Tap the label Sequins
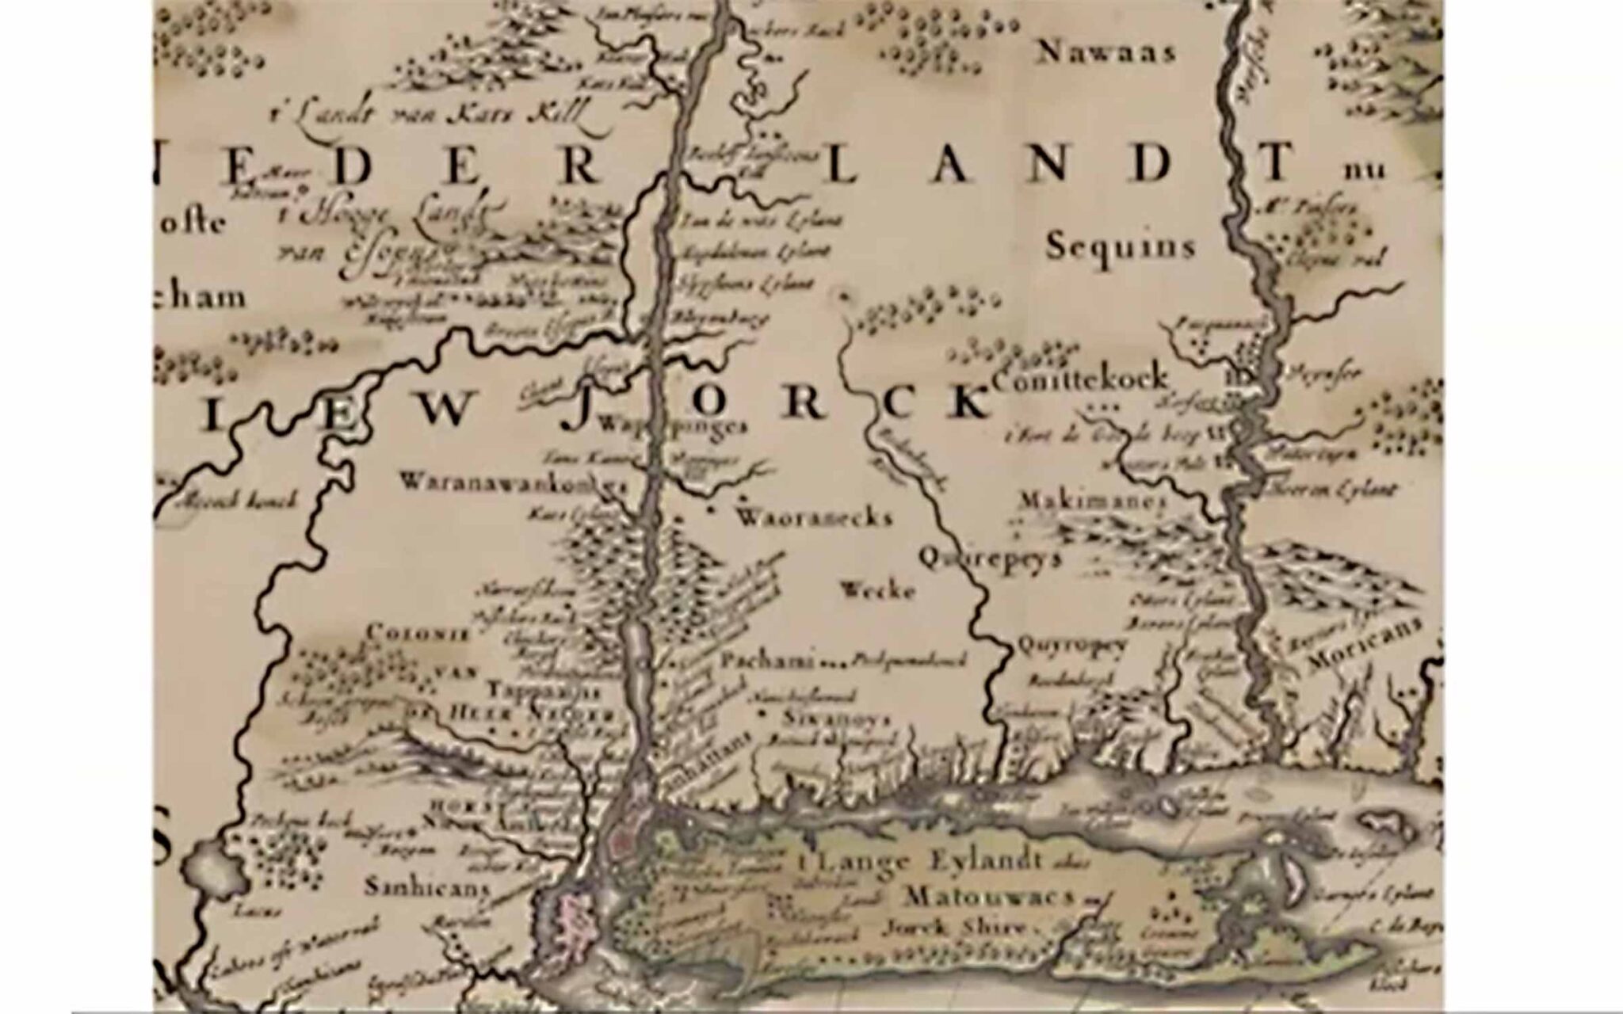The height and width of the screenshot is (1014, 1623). [1120, 247]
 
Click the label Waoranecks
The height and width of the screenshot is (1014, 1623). [814, 518]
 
